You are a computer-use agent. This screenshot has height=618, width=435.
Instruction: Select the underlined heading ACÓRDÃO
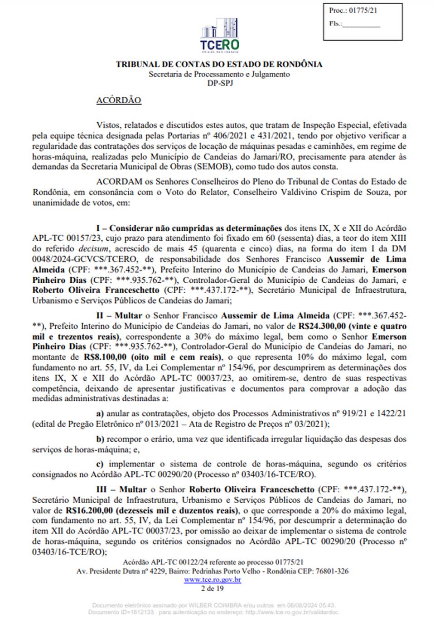119,100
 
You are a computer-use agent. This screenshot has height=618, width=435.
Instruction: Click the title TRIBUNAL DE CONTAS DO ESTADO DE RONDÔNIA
219,64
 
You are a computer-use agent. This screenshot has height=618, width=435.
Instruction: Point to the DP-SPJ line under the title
220,83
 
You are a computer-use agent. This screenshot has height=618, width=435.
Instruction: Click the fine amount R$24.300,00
322,326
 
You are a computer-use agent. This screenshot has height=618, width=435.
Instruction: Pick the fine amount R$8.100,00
105,357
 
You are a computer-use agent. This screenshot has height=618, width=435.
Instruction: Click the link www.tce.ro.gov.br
213,580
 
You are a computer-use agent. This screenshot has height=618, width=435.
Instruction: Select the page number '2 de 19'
213,588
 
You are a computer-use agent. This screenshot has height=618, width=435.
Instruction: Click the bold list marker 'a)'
100,414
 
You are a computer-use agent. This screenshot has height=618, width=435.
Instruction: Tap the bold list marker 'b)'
100,439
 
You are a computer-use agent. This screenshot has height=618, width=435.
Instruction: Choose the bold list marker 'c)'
100,464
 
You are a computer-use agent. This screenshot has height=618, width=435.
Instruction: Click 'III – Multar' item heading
121,490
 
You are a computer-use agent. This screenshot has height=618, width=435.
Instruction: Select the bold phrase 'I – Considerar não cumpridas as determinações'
189,228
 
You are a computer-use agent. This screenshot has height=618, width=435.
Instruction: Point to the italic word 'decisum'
94,249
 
